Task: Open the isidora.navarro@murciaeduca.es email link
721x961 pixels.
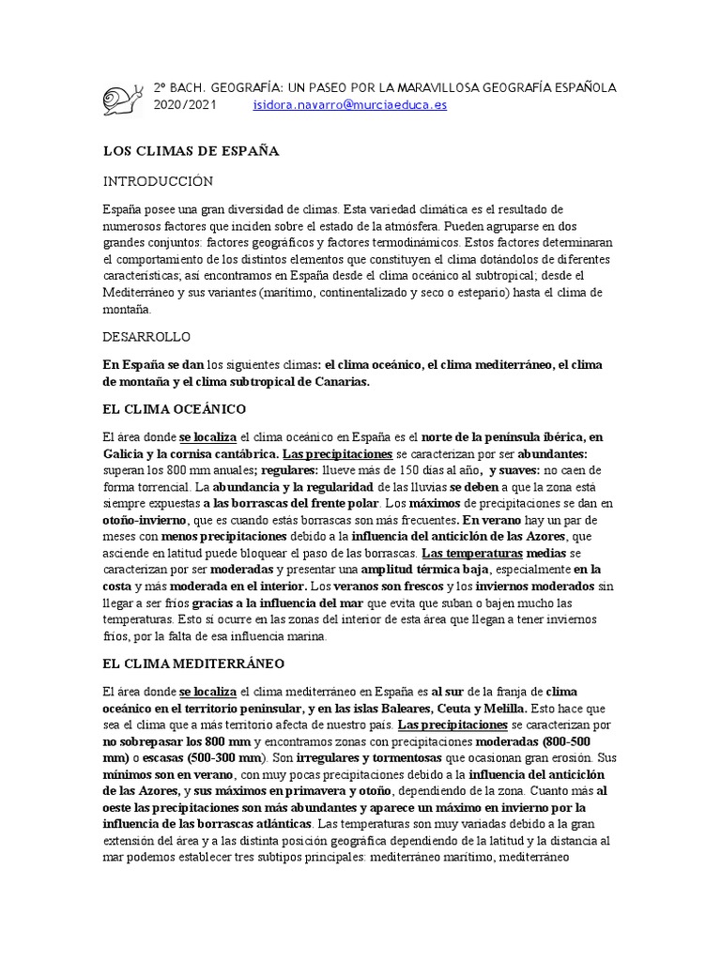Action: point(350,105)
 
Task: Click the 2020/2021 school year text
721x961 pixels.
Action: point(185,105)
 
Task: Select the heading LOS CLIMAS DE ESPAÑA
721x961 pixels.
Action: point(192,150)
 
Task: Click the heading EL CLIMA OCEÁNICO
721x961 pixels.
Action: point(174,409)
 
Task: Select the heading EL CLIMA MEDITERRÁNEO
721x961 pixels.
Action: point(193,664)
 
